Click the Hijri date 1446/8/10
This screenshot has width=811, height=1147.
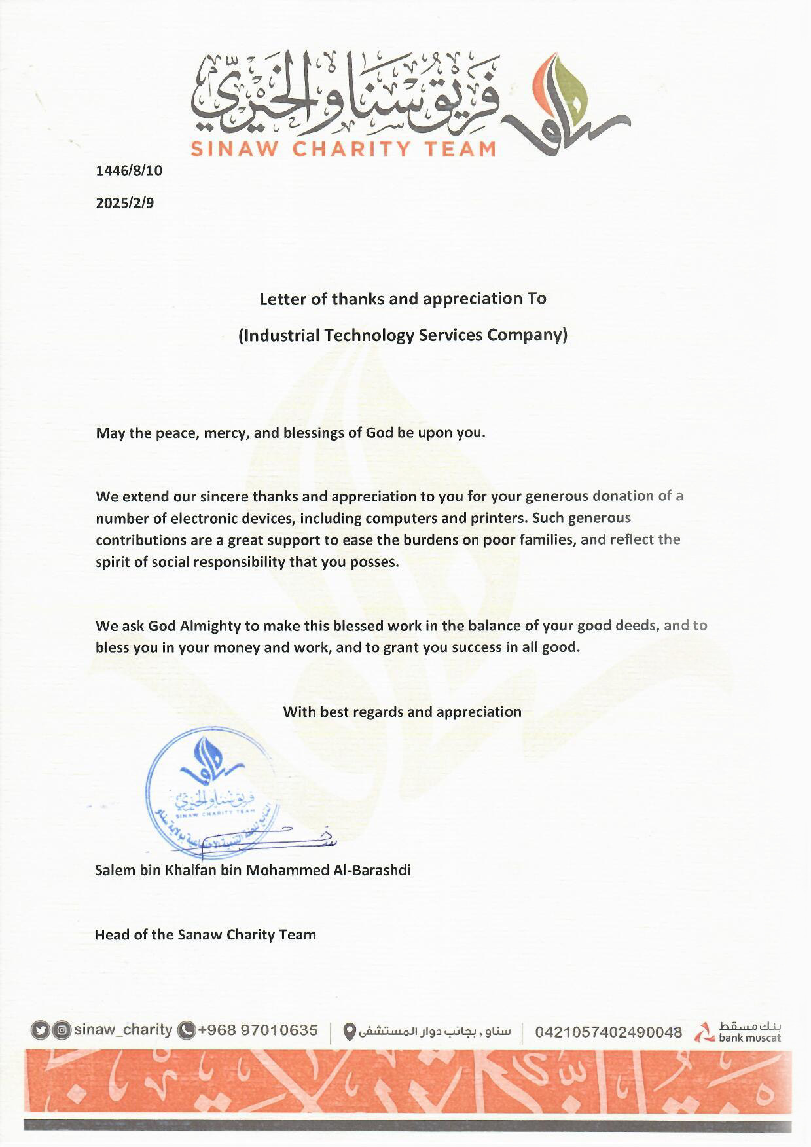[129, 171]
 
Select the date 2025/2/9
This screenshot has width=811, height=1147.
[125, 203]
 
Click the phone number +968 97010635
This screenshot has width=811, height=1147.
[258, 1030]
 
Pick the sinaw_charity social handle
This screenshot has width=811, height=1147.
[123, 1030]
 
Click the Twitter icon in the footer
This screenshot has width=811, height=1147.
[41, 1030]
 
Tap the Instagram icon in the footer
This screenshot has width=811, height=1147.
[62, 1030]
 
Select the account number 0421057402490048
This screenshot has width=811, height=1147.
[609, 1032]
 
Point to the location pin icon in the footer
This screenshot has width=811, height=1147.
[350, 1032]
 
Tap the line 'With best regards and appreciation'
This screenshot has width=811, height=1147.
[402, 712]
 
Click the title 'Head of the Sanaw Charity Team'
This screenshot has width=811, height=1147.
[206, 934]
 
